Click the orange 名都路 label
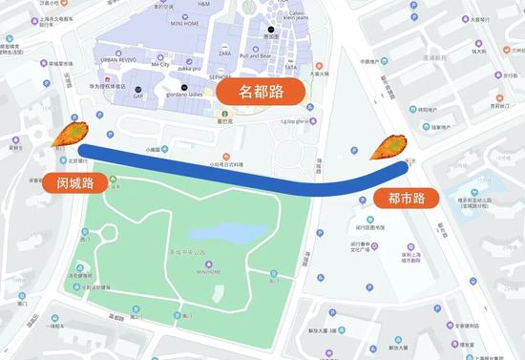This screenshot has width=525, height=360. [261, 92]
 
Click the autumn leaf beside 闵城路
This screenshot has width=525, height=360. [68, 136]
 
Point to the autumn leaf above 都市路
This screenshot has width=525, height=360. [388, 148]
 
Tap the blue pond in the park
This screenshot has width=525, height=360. [221, 232]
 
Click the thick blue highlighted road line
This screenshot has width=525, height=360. [239, 170]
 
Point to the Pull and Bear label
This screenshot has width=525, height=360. [257, 56]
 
